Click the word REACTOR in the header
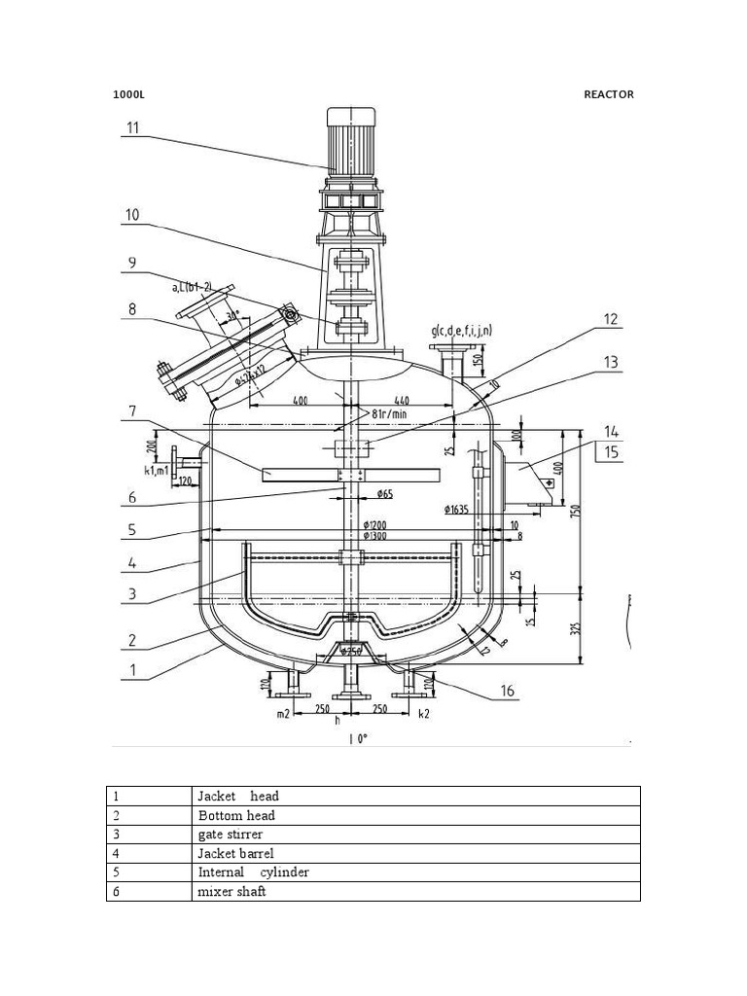[x=608, y=94]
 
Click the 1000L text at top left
[x=127, y=94]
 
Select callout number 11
[x=132, y=127]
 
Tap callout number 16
[x=507, y=693]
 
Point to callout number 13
[x=610, y=363]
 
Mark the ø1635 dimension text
[x=455, y=508]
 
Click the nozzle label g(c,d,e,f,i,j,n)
[x=461, y=331]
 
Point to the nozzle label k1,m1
[x=157, y=471]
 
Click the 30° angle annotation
[x=231, y=317]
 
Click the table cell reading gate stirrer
[x=230, y=834]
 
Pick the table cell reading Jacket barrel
[x=235, y=853]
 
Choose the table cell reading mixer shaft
[x=231, y=891]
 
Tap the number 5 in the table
[x=116, y=872]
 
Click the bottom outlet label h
[x=338, y=720]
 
